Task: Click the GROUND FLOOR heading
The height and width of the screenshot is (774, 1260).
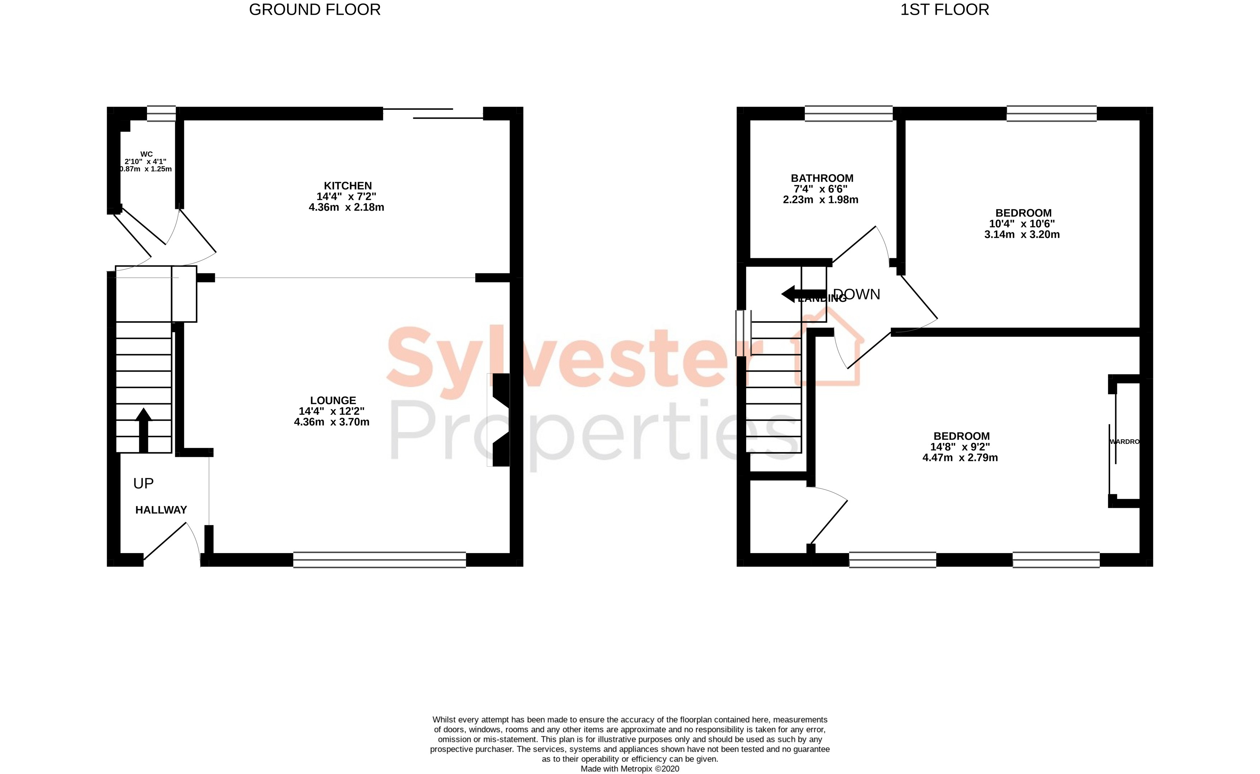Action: (314, 10)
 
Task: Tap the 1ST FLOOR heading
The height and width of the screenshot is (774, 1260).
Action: (944, 10)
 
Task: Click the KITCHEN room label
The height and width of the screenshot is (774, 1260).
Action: (348, 186)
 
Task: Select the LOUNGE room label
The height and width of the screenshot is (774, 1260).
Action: (333, 400)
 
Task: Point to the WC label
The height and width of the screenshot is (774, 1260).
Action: (147, 154)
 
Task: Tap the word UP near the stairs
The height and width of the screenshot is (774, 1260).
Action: (143, 483)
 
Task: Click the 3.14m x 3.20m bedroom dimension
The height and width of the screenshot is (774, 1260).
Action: (1022, 235)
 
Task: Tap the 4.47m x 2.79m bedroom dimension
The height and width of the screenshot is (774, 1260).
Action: (960, 458)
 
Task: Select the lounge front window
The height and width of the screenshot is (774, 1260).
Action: (379, 560)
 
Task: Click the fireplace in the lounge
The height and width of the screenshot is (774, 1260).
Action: (499, 420)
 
